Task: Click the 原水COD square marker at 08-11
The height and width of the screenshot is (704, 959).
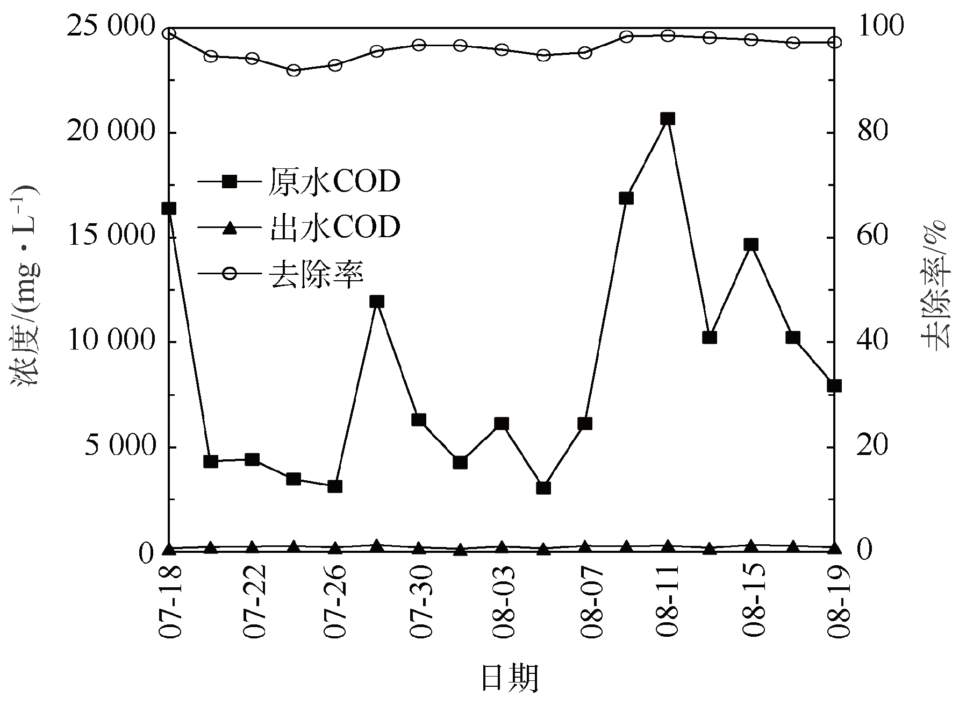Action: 667,119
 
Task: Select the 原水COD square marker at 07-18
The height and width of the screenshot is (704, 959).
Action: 169,208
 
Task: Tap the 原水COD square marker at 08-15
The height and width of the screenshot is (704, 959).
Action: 751,245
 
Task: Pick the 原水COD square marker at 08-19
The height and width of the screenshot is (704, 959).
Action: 834,386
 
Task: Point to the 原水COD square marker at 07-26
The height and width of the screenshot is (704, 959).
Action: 335,486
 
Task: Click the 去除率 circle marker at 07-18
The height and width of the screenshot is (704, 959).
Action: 169,33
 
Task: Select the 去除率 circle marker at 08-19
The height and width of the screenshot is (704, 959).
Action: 834,42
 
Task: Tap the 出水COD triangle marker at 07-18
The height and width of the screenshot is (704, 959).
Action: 169,549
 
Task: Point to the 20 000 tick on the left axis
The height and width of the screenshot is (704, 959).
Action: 110,133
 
